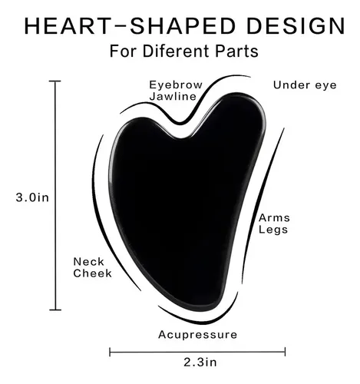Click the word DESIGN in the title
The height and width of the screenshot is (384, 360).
pos(296,26)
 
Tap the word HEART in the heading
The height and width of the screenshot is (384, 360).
pos(68,26)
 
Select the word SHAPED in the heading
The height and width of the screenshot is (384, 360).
pos(183,26)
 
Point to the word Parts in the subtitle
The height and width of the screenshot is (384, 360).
pos(236,51)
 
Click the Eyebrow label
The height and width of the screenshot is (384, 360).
pos(176,85)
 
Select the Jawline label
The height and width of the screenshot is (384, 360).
pos(173,96)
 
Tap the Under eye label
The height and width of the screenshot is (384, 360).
pos(305,85)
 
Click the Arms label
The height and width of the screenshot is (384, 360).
pos(274,218)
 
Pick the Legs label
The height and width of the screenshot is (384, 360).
pos(273,230)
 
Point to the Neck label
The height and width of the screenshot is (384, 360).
pos(89,262)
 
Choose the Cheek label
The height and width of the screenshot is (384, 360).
pos(92,273)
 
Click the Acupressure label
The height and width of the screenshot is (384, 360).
pos(197,335)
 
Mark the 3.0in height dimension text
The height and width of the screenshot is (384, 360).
pos(32,197)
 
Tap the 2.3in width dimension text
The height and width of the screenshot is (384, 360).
pos(200,362)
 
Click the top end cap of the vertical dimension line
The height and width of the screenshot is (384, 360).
pos(55,81)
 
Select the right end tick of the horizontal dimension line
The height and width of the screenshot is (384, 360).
pos(285,352)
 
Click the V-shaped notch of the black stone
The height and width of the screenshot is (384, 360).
pos(181,137)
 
